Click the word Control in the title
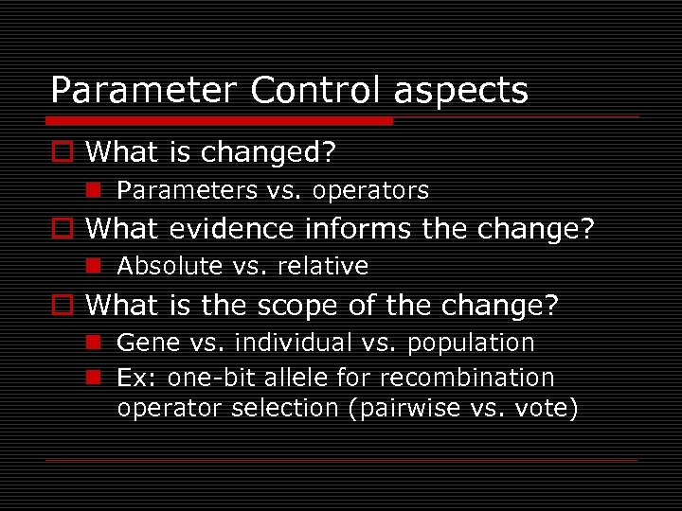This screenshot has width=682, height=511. point(312,91)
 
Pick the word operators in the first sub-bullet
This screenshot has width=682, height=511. point(370,191)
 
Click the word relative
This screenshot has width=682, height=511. point(324,267)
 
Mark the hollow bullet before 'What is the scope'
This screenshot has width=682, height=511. point(63,306)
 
